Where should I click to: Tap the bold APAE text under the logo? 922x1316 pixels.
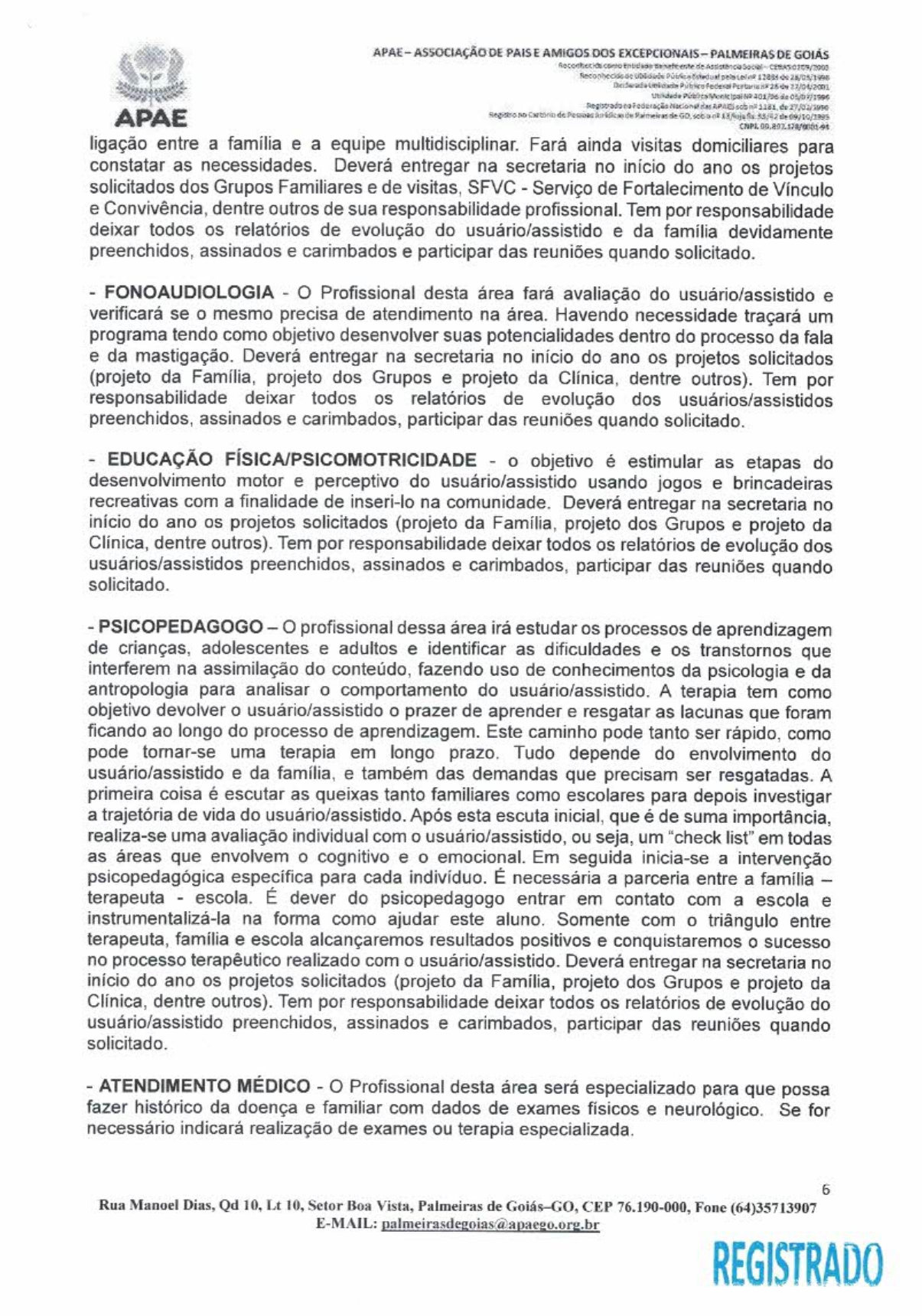coord(151,119)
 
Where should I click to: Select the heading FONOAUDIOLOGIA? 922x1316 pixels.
coord(189,292)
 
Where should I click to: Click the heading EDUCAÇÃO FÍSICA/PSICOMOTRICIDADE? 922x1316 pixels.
coord(292,460)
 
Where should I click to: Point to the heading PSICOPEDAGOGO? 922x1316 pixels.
coord(181,627)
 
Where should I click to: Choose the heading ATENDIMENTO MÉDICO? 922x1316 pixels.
coord(204,1086)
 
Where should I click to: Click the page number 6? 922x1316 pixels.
coord(825,1190)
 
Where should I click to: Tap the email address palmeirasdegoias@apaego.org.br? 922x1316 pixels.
coord(490,1225)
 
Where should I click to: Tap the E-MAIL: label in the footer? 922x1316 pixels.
coord(346,1225)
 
